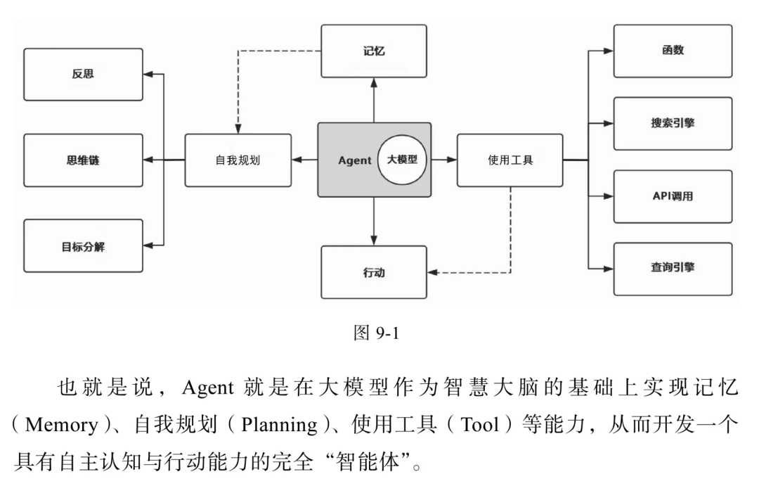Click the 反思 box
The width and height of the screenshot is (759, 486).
83,75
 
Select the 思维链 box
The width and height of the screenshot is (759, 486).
83,160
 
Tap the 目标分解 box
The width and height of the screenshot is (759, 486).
83,246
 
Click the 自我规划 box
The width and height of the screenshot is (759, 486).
238,160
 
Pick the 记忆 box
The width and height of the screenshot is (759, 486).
374,51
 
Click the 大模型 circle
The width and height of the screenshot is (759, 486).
402,160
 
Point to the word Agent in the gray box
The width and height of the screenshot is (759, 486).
354,160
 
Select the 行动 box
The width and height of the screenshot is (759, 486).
374,272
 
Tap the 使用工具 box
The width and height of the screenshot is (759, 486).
510,160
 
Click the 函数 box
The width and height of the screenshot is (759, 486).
673,51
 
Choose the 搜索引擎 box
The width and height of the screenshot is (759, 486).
673,124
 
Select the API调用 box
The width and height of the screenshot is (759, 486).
673,196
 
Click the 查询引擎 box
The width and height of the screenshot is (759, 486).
673,269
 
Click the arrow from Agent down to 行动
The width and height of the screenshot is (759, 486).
374,221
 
